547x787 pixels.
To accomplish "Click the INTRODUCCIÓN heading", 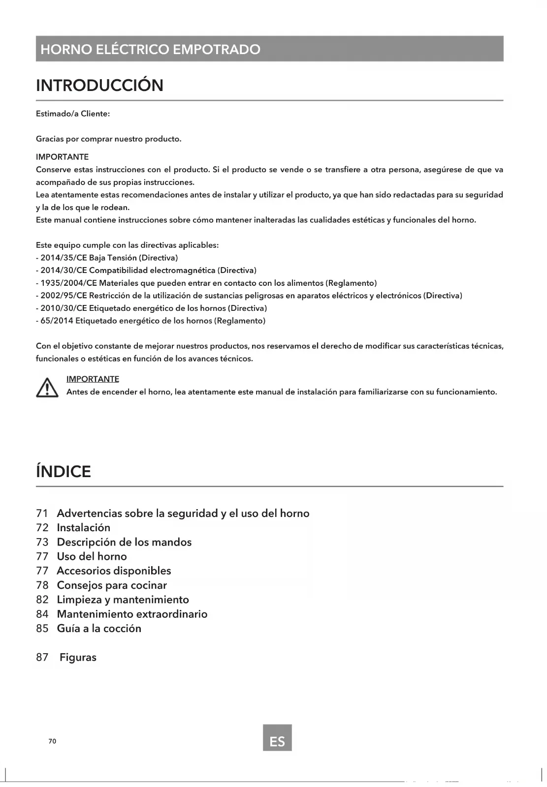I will (99, 86).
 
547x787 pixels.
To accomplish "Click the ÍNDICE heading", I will (64, 472).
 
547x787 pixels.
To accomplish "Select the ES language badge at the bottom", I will (277, 737).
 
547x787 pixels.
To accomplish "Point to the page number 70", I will (52, 741).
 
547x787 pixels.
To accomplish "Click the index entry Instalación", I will (83, 528).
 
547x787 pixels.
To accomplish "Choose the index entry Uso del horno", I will (92, 556).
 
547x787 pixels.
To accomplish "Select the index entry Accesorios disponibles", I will (114, 571).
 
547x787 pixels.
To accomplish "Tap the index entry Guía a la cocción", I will (99, 628).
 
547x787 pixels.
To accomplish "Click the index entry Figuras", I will (78, 657).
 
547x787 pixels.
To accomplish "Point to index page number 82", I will (42, 600).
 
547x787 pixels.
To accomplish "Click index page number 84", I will (42, 614).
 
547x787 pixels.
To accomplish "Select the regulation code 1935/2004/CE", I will (69, 283).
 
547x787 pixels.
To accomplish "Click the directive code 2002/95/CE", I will (64, 296).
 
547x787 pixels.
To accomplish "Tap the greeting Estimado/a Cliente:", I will (73, 114).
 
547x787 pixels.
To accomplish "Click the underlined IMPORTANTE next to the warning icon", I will (93, 379).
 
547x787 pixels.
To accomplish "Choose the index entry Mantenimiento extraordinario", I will (132, 614).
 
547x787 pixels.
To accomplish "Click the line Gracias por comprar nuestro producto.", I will (109, 139).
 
